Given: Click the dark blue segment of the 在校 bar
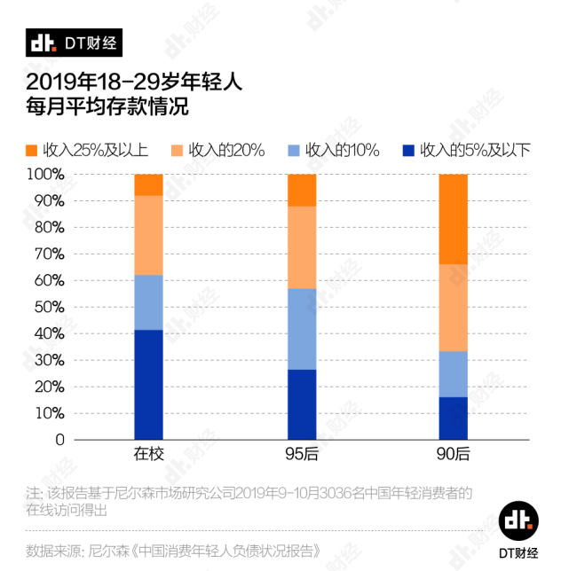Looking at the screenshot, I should [148, 384].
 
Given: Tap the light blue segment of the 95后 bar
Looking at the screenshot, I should [302, 329].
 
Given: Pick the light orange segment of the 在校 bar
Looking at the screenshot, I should [148, 235].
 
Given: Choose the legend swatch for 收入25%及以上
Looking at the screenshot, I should [32, 150].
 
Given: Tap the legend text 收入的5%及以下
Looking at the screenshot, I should [474, 150].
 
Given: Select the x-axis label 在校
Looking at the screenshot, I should [148, 455].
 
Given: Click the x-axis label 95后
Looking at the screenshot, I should [302, 455].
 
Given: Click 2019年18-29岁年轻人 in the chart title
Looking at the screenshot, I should [133, 82].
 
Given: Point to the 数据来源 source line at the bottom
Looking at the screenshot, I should [172, 550].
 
